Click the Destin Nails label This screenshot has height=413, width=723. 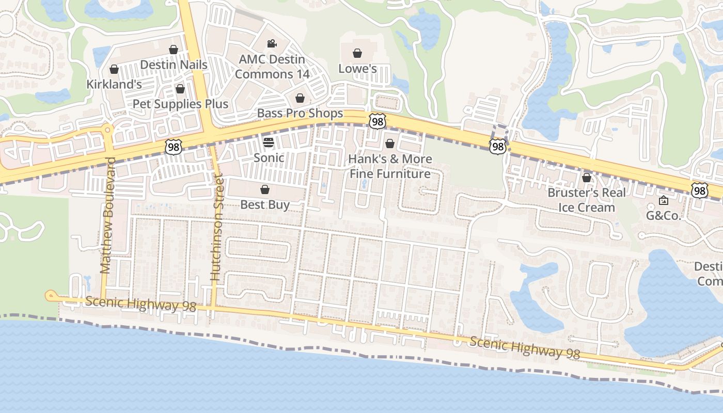coord(174,65)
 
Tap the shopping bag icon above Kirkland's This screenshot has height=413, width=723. coord(114,69)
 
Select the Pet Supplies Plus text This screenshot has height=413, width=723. coord(180,104)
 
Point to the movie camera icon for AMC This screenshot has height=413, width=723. coord(272,44)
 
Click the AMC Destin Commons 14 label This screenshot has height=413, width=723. coord(272,67)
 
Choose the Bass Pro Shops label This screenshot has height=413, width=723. coord(300,113)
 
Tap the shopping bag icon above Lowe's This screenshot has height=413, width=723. coord(357,53)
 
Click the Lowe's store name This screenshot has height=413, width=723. coord(357,69)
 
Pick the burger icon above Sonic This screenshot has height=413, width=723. coord(269,142)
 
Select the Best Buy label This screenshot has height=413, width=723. coord(265,204)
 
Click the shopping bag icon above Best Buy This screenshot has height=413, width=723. coord(265,189)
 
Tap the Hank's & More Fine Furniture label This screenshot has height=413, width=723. coord(390,166)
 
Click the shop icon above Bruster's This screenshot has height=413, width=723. coord(587,178)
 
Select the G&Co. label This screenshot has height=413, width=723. coord(664,216)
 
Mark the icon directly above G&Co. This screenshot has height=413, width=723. coord(664,200)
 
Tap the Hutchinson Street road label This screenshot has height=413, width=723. coord(217,228)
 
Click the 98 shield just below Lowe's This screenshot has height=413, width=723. coord(378,121)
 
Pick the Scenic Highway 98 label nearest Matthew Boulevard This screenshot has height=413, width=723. coord(141,304)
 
